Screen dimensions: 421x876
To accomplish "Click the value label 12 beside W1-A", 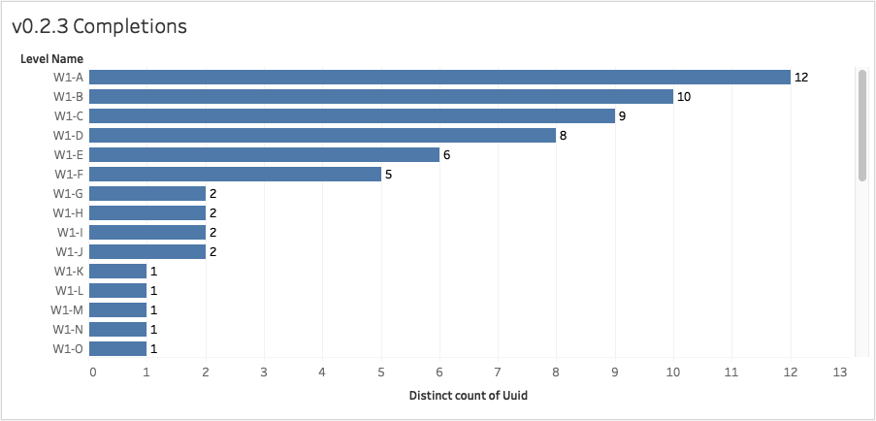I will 801,78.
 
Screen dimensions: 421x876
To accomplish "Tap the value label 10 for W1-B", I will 685,97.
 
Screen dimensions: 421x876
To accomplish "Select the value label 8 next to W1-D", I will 563,136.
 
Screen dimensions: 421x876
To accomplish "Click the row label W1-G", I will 68,194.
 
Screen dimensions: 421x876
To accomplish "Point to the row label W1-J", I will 69,252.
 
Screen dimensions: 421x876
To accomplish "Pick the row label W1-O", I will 68,349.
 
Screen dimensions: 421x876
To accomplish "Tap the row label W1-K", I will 68,272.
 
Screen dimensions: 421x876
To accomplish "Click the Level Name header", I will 51,59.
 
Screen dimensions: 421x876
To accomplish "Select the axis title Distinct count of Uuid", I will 468,396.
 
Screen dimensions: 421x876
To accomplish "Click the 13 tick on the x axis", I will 840,372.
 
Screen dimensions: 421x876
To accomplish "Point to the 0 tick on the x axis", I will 93,372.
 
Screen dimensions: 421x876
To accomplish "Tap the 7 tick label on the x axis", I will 498,372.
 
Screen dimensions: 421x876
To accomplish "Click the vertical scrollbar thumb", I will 861,124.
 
